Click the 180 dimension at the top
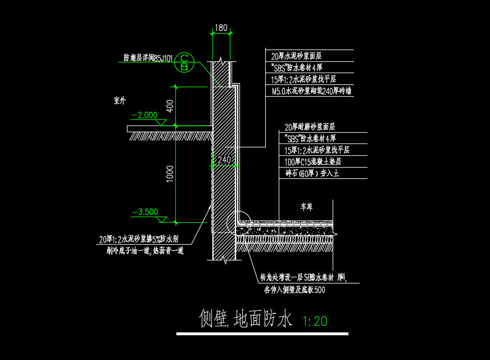(x=221, y=28)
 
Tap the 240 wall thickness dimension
(x=224, y=159)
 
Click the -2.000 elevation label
(x=144, y=115)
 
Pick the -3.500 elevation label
(x=144, y=212)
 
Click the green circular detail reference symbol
(x=184, y=62)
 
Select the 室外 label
(x=120, y=101)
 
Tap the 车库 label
(x=306, y=207)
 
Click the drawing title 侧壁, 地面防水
(x=246, y=319)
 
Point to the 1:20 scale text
(x=315, y=321)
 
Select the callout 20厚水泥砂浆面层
(x=296, y=56)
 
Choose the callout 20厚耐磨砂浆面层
(x=313, y=127)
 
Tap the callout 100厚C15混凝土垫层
(x=313, y=162)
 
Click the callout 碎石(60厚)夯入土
(x=312, y=174)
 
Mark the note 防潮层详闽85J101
(x=148, y=57)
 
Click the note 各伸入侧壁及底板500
(x=294, y=290)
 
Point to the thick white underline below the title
(x=262, y=334)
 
